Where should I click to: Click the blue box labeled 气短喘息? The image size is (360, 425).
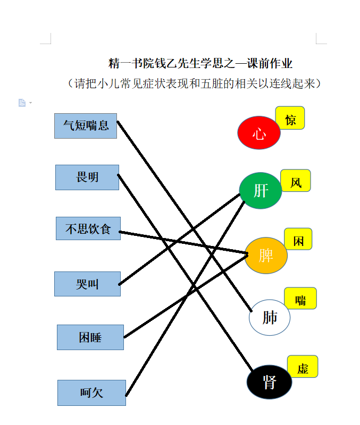tap(86, 126)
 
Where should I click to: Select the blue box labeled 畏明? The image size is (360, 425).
tap(87, 177)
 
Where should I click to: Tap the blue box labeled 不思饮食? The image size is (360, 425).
tap(88, 228)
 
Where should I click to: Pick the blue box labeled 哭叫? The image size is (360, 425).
tap(87, 284)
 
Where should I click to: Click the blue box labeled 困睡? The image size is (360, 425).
tap(90, 337)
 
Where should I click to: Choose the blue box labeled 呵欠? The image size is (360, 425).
tap(91, 393)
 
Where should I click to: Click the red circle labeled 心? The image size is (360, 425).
tap(259, 133)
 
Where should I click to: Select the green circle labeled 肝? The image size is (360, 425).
tap(261, 191)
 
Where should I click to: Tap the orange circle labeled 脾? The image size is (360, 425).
tap(266, 256)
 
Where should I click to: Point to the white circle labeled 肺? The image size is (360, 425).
tap(270, 317)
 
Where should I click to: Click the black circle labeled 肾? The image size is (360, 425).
tap(270, 382)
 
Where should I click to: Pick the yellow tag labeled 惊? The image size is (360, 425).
tap(290, 118)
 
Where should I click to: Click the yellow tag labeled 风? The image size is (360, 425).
tap(296, 181)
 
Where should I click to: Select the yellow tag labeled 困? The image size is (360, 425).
tap(298, 239)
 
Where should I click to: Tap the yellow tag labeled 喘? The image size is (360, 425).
tap(300, 299)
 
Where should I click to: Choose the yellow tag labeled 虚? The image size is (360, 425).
tap(303, 367)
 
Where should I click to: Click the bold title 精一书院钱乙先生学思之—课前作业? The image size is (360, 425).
tap(200, 63)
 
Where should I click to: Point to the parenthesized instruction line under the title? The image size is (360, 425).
tap(194, 83)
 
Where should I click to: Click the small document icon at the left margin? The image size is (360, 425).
tap(22, 103)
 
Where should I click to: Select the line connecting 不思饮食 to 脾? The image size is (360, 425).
tap(183, 243)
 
